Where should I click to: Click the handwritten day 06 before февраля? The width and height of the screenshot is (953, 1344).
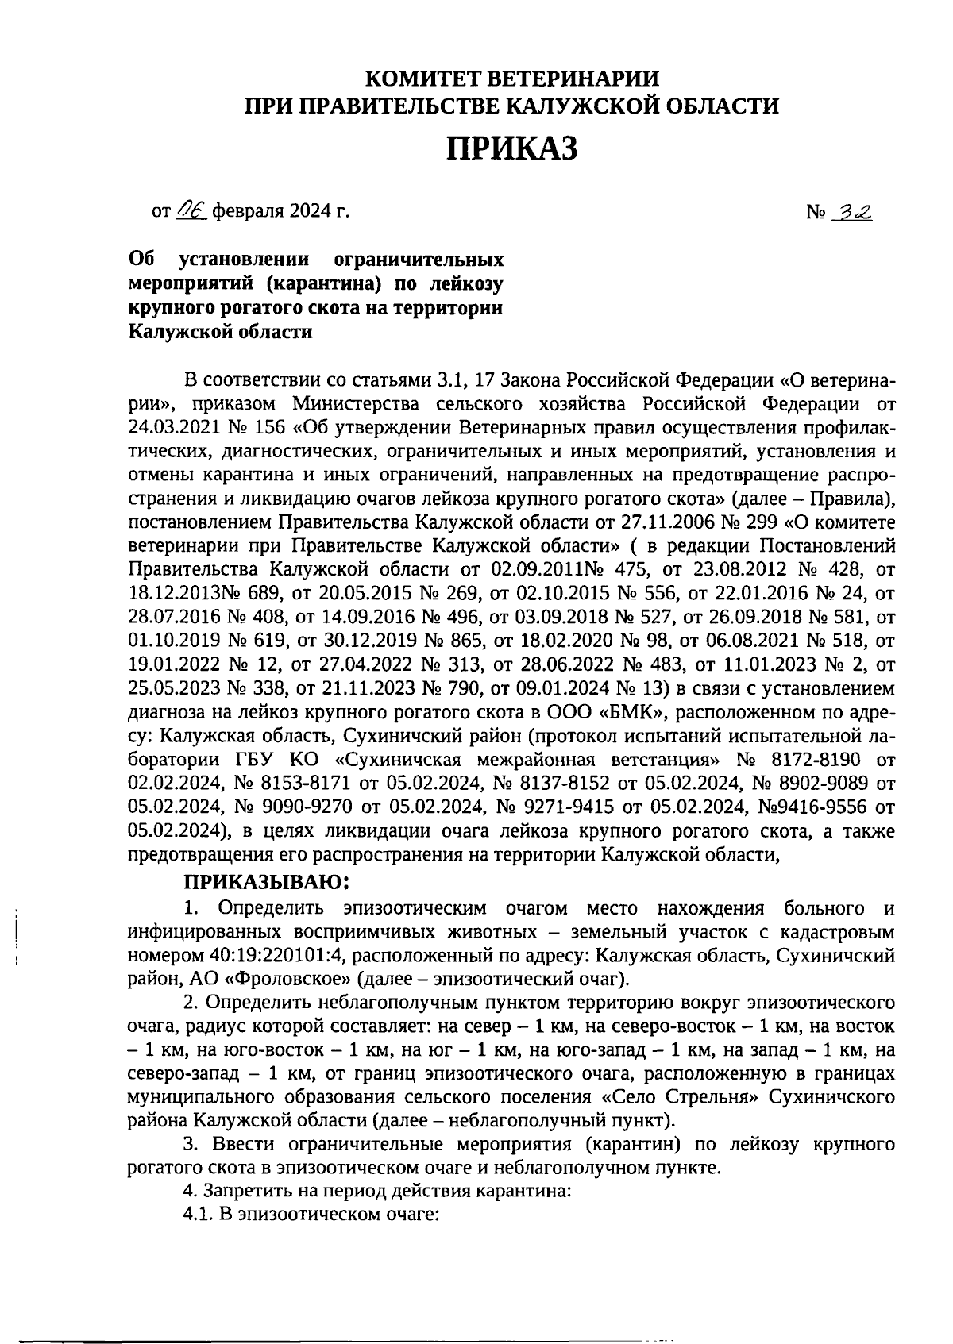(x=191, y=211)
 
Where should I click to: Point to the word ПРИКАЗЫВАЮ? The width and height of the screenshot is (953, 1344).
(x=267, y=882)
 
